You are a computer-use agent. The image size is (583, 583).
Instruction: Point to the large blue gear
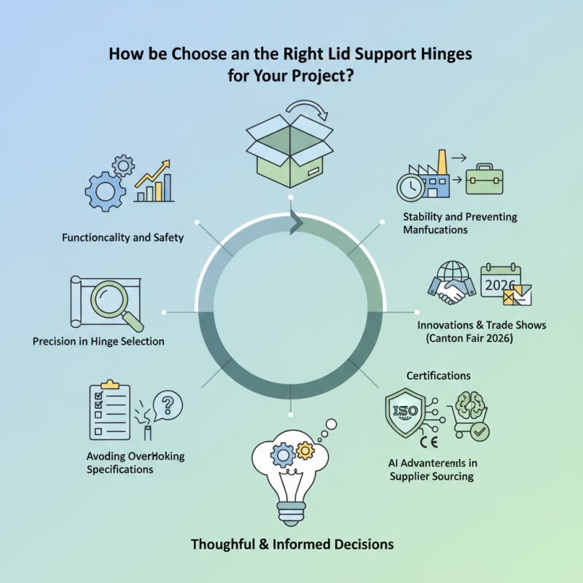coord(103,191)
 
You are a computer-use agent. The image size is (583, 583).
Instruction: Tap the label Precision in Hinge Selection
coord(98,341)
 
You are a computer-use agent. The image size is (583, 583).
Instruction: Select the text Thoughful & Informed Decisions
coord(291,544)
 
